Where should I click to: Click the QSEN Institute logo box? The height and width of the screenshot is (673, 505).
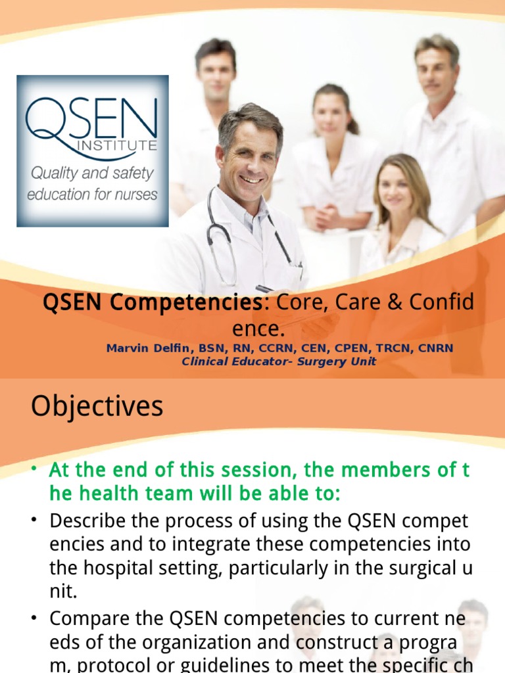point(92,151)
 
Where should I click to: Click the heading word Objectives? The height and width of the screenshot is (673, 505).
point(97,407)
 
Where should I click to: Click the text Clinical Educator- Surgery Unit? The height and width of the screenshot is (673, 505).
point(279,361)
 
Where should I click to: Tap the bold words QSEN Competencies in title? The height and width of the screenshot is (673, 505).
point(152,303)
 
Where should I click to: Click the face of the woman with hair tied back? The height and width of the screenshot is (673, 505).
point(331,115)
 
